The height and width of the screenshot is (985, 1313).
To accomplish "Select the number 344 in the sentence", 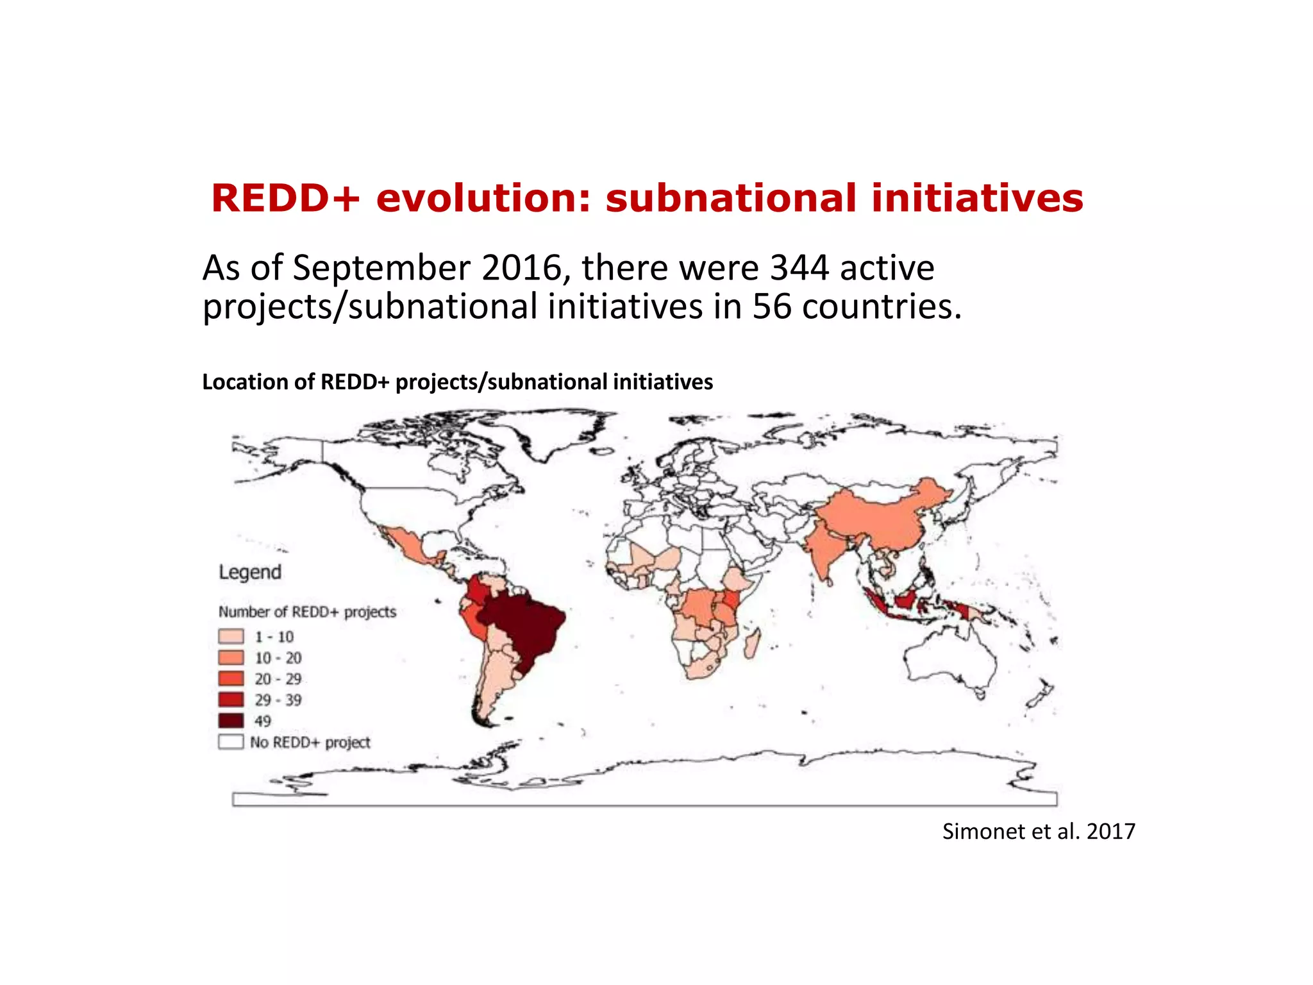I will (799, 268).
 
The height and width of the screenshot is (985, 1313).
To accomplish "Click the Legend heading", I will (250, 572).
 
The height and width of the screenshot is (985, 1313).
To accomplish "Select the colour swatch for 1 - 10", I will (231, 637).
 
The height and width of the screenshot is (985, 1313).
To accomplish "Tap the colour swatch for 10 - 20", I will (231, 658).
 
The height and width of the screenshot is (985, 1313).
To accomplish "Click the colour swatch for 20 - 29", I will (231, 678).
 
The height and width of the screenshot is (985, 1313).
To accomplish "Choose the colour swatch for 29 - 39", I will (231, 700).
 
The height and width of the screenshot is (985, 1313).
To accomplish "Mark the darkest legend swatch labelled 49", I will (231, 721).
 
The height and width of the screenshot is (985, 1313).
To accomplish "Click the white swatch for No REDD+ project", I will (231, 742).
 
